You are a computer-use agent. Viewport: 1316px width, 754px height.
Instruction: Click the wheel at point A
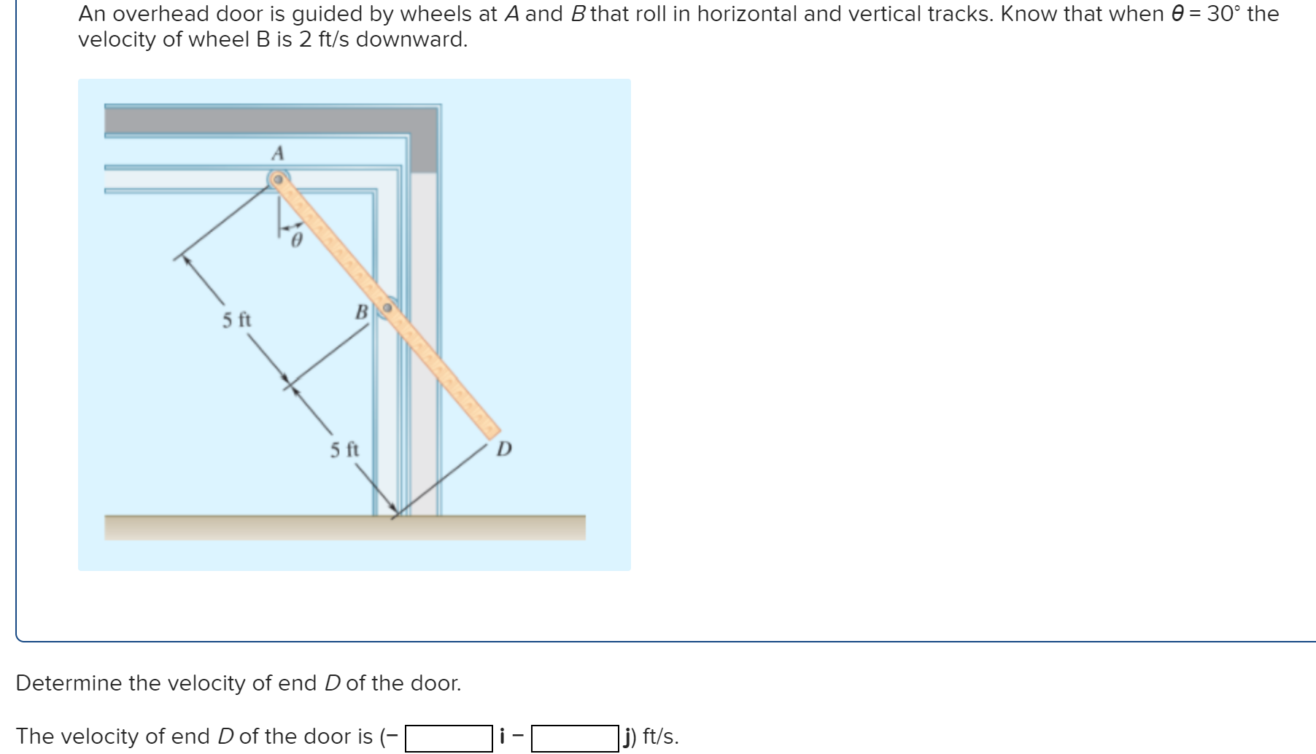(278, 179)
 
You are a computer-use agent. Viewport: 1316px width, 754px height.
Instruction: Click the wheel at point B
(387, 308)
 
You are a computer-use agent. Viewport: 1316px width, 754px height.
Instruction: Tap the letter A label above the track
(277, 153)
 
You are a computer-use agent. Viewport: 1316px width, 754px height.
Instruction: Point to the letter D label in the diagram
(504, 448)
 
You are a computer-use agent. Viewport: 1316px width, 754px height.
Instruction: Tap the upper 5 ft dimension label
(236, 319)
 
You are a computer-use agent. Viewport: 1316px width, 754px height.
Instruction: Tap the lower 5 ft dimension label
(344, 449)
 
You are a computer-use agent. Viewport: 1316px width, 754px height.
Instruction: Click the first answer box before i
(449, 737)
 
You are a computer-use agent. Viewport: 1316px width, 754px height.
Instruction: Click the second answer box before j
(575, 737)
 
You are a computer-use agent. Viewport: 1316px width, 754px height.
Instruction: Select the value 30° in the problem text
(1223, 14)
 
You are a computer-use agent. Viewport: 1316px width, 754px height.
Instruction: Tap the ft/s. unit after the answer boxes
(660, 736)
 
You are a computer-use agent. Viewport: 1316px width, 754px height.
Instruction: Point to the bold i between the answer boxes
(502, 736)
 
